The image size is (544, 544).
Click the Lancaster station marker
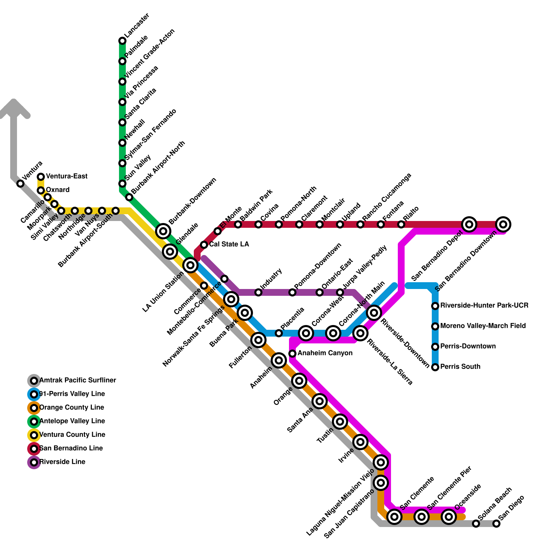tap(122, 41)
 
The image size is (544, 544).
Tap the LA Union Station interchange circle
tap(190, 265)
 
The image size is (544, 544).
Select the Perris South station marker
tap(435, 367)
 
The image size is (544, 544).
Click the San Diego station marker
tap(496, 524)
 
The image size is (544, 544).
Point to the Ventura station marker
tap(20, 184)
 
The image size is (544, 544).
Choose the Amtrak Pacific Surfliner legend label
tap(78, 380)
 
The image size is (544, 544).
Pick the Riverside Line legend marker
tap(34, 462)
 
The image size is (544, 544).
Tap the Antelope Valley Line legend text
tap(72, 421)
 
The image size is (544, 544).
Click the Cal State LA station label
tap(229, 244)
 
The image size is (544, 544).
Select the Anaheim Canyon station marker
tap(292, 354)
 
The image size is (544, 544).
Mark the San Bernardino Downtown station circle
tap(503, 224)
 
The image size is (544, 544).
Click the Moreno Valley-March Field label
tap(483, 326)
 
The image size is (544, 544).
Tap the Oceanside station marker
tap(449, 517)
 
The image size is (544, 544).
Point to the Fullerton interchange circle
tap(258, 340)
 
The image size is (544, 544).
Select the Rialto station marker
tap(401, 224)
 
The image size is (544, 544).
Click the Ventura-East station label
tap(67, 176)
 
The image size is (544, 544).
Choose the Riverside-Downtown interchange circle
tap(374, 312)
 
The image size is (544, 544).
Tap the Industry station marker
tap(258, 292)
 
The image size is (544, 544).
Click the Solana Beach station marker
tap(476, 524)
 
